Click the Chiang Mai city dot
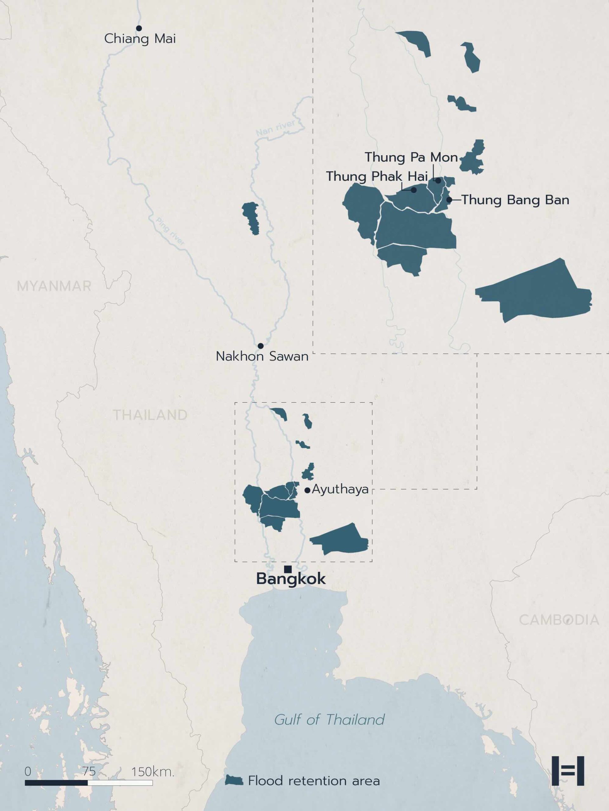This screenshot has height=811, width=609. pos(139,28)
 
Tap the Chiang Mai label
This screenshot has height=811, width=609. pos(140,39)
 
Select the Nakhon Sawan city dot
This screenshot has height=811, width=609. pos(261,346)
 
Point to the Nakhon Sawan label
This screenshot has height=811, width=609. pos(262,356)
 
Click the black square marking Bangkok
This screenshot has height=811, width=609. pos(288,569)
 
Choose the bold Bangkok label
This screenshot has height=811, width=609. pos(291,579)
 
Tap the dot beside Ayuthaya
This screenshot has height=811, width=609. pos(308,490)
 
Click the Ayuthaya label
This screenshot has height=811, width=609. pos(340,489)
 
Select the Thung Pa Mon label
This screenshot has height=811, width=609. pos(411,157)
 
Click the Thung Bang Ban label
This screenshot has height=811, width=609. pos(515,200)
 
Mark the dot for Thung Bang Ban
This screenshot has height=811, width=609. pos(449,200)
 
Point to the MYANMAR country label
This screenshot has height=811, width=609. pos(54,286)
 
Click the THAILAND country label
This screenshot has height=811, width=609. pos(150,415)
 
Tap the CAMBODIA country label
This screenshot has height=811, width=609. pos(559,620)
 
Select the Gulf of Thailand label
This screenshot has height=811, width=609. pos(329,719)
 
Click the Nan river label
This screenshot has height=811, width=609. pos(275,128)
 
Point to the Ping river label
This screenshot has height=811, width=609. pos(170,231)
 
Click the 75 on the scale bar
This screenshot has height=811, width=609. pos(89,771)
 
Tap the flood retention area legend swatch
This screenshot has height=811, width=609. pos(234,780)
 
